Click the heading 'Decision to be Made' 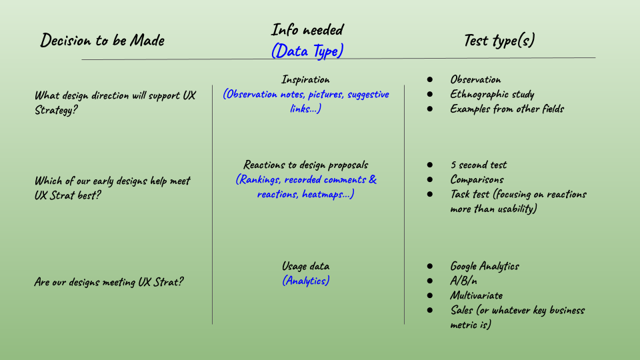point(102,40)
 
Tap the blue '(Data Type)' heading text point(307,51)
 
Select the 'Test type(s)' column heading point(499,40)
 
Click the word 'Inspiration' point(305,80)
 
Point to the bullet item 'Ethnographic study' point(492,95)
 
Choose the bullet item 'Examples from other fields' point(507,109)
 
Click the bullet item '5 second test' point(478,165)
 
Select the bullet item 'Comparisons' point(477,180)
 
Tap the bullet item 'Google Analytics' point(484,267)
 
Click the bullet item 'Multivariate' point(476,295)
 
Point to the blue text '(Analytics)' point(305,281)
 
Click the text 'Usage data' point(305,267)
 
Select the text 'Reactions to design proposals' point(305,165)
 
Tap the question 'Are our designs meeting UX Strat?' point(109,282)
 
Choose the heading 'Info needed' point(307,30)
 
